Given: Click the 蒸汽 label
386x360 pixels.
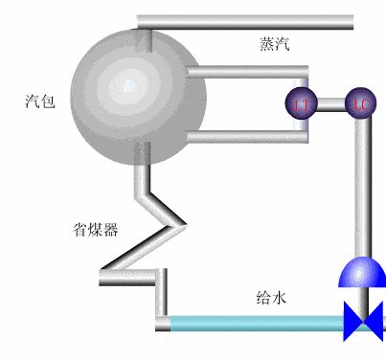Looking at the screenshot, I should (x=274, y=44).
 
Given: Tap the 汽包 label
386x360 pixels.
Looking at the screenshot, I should (x=40, y=100).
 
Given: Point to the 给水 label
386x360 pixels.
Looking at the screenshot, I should (x=271, y=298).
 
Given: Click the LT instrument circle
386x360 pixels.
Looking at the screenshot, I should (x=301, y=101).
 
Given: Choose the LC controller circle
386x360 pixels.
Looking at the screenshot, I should (x=360, y=101).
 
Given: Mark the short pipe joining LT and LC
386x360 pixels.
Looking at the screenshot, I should (x=330, y=102).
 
